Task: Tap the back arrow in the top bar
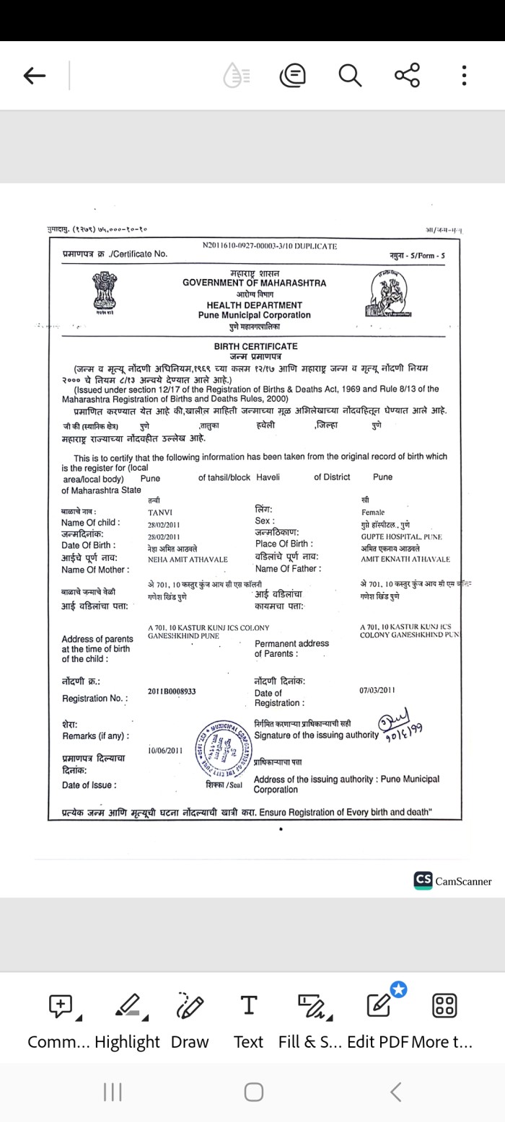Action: tap(35, 76)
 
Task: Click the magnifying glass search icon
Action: tap(350, 76)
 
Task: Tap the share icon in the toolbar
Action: tap(407, 76)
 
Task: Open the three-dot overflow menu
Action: tap(465, 76)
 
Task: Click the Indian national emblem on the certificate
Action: tap(105, 292)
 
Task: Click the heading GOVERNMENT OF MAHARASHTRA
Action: tap(254, 283)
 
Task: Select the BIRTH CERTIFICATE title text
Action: tap(255, 347)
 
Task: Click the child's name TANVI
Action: tap(159, 512)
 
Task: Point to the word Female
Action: tap(373, 512)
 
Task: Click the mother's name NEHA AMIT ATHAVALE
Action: tap(188, 559)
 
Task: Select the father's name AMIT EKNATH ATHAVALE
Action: tap(405, 559)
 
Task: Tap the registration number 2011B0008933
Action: tap(172, 691)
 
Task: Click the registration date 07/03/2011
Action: tap(377, 690)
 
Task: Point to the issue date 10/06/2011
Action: tap(165, 750)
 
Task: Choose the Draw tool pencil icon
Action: tap(190, 1005)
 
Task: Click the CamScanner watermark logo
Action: tap(452, 880)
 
